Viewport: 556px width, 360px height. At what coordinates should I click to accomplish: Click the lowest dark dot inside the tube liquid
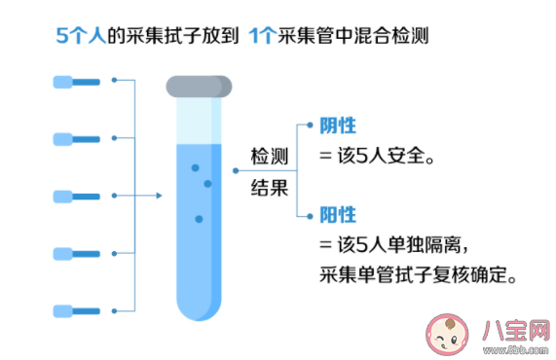[x=199, y=219]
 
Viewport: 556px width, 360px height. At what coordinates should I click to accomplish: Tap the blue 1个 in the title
[x=262, y=36]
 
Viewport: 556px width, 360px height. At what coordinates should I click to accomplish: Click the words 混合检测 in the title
[x=393, y=36]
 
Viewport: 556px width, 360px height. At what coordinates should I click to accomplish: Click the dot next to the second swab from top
[x=115, y=137]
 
